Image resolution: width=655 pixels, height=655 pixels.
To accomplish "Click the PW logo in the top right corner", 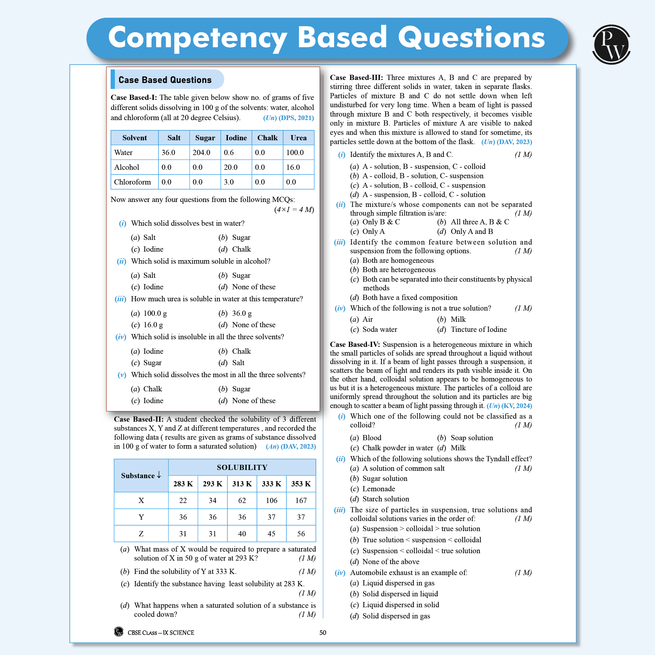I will click(611, 44).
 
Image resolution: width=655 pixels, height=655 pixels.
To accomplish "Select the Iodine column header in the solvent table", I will click(236, 138).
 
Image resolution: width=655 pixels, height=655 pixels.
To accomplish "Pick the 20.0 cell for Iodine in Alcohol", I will click(231, 167).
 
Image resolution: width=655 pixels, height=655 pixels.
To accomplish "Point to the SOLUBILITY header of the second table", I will click(242, 468).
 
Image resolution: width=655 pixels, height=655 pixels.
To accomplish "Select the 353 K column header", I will click(301, 484).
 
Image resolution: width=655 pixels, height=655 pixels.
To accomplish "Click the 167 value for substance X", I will click(301, 501).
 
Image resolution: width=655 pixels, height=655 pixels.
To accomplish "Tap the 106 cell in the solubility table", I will click(271, 501).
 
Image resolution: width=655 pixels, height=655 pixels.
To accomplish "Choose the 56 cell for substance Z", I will click(301, 534).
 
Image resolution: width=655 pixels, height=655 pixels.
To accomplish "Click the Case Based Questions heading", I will click(165, 80).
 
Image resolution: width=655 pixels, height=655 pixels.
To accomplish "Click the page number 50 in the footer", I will click(323, 633).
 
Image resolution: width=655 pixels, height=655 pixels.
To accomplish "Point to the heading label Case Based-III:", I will click(356, 78).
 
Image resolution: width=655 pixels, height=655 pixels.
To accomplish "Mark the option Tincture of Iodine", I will click(478, 329).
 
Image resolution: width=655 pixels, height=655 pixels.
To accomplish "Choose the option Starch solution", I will click(385, 499).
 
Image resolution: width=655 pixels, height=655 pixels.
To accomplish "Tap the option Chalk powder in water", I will click(397, 448).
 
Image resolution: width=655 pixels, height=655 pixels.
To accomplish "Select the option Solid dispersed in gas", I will click(396, 616).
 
